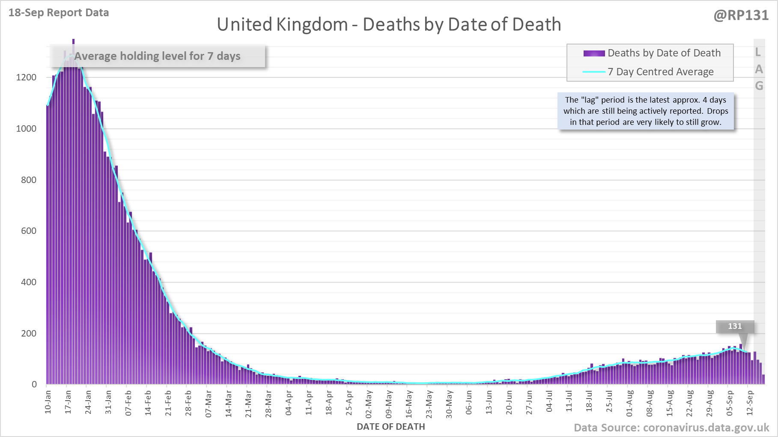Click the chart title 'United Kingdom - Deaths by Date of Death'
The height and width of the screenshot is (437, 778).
[389, 24]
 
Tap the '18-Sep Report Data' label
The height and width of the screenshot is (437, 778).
[59, 13]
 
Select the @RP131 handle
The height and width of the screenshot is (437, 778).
[741, 15]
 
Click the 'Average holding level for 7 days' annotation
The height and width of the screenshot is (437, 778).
[157, 56]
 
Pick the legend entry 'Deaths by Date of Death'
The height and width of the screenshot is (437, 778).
[664, 53]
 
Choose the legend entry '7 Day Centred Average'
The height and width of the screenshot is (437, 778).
[660, 72]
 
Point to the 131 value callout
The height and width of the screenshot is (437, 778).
[735, 326]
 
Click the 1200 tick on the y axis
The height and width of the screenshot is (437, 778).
[26, 77]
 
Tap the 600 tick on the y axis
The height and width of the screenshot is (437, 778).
[29, 231]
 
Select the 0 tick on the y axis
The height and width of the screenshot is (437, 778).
[34, 384]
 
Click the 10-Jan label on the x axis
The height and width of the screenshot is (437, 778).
[48, 402]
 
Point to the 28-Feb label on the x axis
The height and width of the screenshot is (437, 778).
[188, 402]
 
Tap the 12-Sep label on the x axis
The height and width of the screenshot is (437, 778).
[750, 402]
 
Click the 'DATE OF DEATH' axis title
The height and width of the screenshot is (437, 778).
[390, 427]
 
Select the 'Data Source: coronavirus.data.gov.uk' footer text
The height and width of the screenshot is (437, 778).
[671, 428]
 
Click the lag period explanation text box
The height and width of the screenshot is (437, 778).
[646, 111]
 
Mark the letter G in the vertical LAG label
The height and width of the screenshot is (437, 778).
[759, 86]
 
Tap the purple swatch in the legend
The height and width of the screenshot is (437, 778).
[594, 53]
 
